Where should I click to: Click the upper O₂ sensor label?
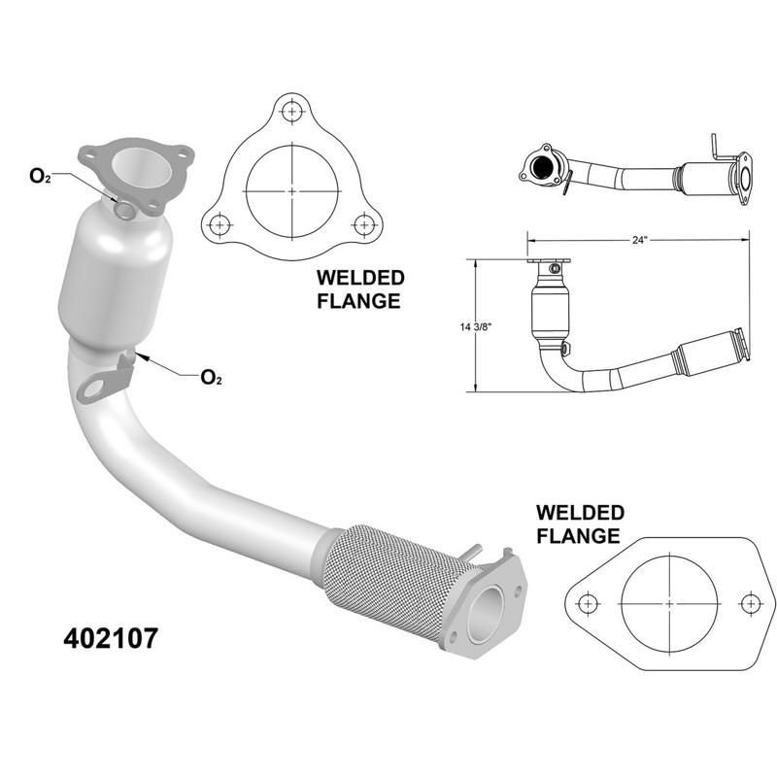[40, 175]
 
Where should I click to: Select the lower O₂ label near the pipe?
[210, 377]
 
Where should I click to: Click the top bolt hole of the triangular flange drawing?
[291, 111]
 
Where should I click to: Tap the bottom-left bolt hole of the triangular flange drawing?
[220, 224]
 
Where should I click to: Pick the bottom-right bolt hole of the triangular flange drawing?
[363, 224]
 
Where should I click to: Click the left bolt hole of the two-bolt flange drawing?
[588, 603]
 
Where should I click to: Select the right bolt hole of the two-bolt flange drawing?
[749, 603]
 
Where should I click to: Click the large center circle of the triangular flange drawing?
[291, 192]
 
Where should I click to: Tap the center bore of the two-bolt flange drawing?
[669, 603]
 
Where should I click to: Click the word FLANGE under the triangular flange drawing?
[358, 301]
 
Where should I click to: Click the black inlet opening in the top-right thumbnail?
[537, 167]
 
